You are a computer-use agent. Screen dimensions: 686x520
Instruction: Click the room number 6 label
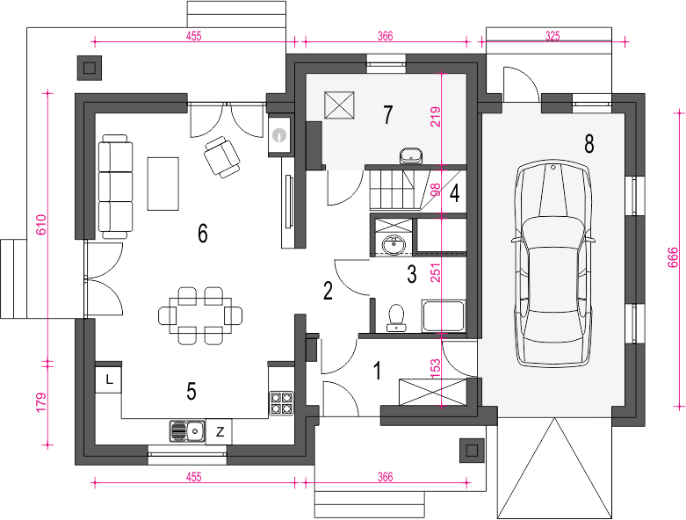(x=203, y=234)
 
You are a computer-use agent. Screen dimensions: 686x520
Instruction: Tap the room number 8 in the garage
(x=589, y=144)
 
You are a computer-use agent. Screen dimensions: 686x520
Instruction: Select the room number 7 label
(x=387, y=114)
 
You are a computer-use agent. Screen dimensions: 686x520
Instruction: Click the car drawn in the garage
(x=553, y=263)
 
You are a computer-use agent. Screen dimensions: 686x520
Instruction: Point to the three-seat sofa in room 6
(x=115, y=187)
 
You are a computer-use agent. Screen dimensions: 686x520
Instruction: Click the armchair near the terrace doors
(x=222, y=156)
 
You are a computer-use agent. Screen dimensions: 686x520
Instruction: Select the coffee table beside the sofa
(x=163, y=184)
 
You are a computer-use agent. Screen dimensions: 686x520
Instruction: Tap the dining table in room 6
(x=201, y=314)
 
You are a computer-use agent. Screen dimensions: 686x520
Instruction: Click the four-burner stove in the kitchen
(x=281, y=403)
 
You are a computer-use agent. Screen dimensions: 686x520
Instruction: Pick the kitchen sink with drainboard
(x=188, y=431)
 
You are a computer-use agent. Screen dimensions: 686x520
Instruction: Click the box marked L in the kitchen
(x=109, y=379)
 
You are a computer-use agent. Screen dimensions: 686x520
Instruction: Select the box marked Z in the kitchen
(x=220, y=431)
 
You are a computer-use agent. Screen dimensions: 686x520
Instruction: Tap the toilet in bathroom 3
(x=396, y=317)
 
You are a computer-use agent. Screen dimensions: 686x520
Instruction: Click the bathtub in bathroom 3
(x=444, y=315)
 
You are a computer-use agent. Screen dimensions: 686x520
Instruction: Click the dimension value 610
(x=40, y=225)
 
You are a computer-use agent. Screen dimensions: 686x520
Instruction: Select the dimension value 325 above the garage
(x=552, y=36)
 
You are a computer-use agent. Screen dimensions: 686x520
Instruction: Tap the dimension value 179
(x=40, y=402)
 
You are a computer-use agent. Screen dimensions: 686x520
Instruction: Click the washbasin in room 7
(x=411, y=155)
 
